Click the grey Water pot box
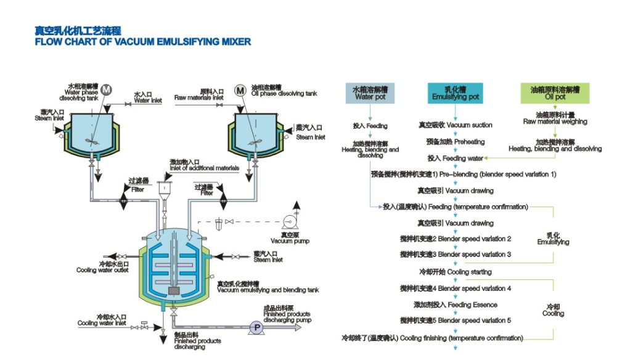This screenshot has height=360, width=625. (370, 93)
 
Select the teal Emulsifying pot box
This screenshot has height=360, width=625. (455, 93)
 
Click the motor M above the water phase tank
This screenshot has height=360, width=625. (106, 89)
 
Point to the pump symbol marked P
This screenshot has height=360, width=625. (255, 329)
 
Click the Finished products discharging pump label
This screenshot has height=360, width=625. (287, 317)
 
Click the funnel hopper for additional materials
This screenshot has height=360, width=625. (165, 189)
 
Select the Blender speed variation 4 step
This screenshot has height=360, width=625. (455, 288)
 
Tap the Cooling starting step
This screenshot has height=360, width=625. (455, 272)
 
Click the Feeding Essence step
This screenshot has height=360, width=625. (455, 305)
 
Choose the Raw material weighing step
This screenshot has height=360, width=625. (555, 118)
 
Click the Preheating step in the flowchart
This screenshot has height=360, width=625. (455, 142)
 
